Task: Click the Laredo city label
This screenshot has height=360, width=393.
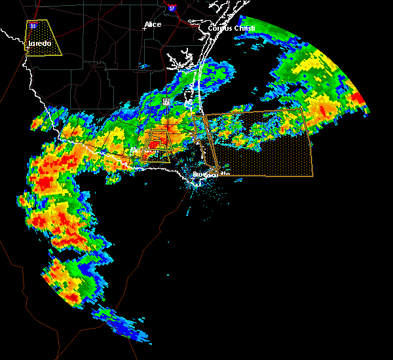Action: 39,45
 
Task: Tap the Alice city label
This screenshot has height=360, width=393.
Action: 153,25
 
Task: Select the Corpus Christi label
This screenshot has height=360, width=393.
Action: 230,29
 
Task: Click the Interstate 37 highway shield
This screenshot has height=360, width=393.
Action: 172,9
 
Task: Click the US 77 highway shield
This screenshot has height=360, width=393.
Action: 166,101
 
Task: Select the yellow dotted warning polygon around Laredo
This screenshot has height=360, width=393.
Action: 43,37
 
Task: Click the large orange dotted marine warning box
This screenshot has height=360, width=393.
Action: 262,147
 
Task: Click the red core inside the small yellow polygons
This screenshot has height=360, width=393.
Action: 155,143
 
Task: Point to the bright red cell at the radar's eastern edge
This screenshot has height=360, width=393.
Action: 357,98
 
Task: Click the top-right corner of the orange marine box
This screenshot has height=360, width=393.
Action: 304,109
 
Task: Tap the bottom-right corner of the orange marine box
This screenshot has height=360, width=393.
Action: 312,176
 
